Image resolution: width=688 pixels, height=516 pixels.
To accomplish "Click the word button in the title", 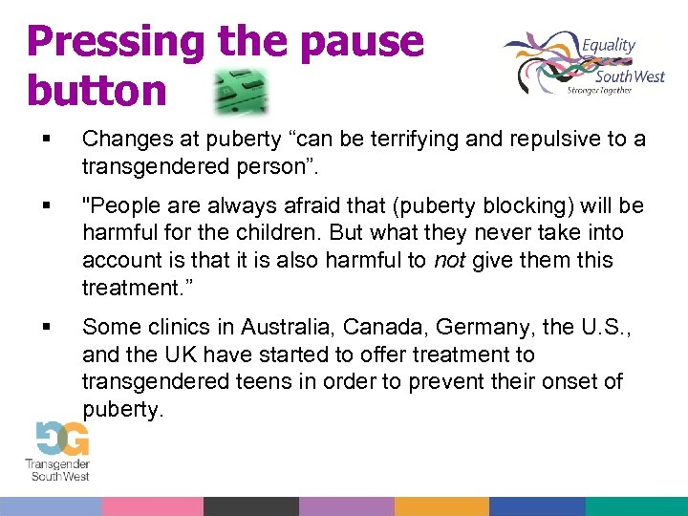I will pyautogui.click(x=97, y=90).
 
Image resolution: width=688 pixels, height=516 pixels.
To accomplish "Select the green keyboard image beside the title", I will pyautogui.click(x=240, y=91).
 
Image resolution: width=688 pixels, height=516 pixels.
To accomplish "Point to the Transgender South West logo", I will pyautogui.click(x=59, y=450).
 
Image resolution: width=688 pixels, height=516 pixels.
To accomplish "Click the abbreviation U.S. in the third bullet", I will pyautogui.click(x=613, y=327).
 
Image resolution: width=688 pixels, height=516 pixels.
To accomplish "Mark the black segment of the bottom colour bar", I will pyautogui.click(x=249, y=506).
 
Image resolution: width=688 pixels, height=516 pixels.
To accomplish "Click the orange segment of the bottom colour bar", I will pyautogui.click(x=441, y=506).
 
